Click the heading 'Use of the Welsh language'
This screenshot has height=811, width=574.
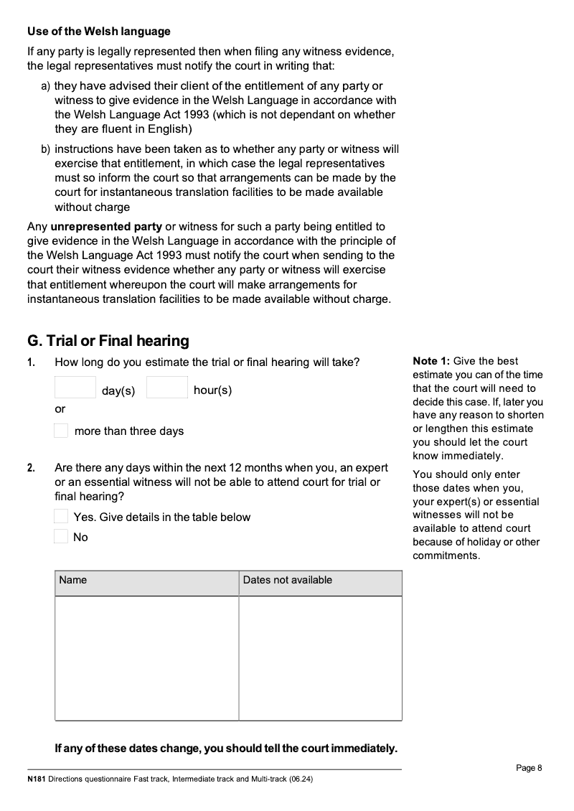point(99,32)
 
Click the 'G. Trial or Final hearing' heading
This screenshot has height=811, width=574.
point(108,341)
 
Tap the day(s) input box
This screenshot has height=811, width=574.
point(75,388)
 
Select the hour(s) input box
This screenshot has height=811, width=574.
point(167,388)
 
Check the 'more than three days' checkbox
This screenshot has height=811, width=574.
point(62,431)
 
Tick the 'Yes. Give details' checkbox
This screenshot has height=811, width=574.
point(62,517)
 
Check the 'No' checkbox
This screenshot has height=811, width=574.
point(62,537)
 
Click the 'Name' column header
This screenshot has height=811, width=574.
point(73,580)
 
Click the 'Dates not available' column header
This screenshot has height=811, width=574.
point(288,580)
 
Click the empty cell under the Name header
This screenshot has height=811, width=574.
point(146,657)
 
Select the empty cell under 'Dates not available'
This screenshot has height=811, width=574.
point(320,657)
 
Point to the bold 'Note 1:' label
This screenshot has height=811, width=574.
point(430,361)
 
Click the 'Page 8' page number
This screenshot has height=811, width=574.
point(529,768)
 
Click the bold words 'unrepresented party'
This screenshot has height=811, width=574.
point(106,227)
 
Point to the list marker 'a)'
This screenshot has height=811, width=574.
point(45,86)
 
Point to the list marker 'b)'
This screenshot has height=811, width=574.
point(45,149)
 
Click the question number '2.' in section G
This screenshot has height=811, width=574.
point(32,468)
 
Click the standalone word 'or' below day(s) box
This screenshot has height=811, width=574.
point(60,409)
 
